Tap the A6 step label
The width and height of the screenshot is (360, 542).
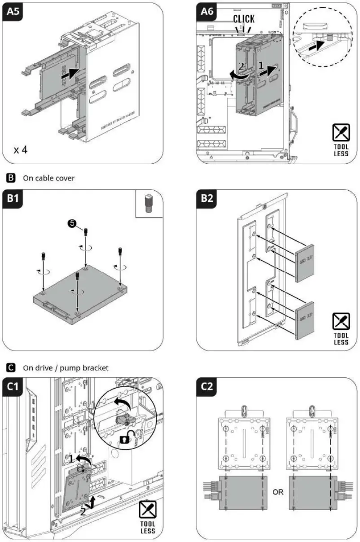point(207,12)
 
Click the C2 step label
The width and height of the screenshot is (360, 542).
point(207,387)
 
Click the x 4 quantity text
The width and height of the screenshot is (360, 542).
point(21,150)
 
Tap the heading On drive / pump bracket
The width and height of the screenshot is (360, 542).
point(66,368)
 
